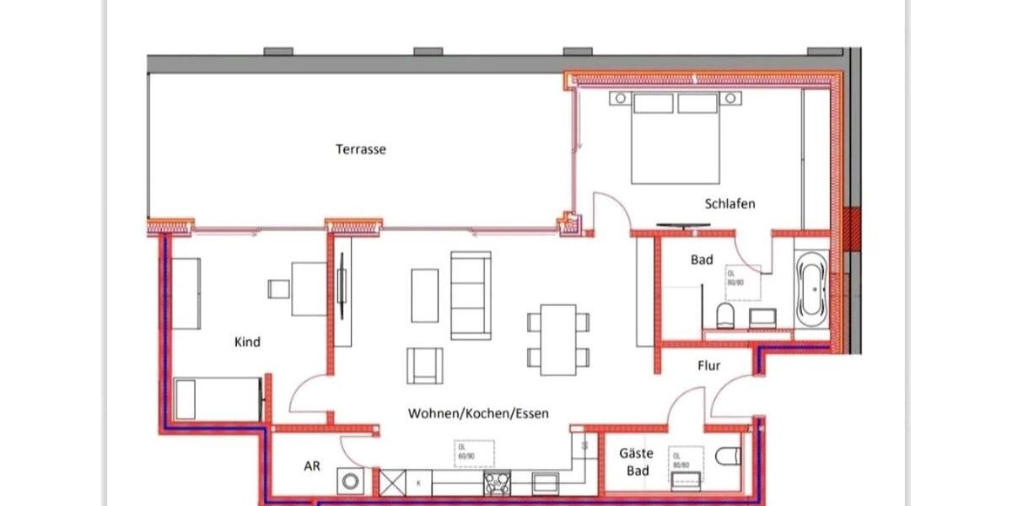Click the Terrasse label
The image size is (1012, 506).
(361, 149)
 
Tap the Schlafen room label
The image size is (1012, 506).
(729, 204)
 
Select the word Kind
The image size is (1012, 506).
(247, 342)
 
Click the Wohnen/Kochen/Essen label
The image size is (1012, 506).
(478, 413)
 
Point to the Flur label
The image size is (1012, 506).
(708, 366)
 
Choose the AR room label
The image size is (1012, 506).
(312, 466)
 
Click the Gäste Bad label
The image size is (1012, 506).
(637, 461)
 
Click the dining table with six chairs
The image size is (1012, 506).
(558, 339)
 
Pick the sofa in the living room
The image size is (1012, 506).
(471, 294)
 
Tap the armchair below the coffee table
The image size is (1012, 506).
(424, 365)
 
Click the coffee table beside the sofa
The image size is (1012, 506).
(424, 295)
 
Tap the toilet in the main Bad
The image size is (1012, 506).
(725, 316)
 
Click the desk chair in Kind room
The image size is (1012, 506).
(279, 288)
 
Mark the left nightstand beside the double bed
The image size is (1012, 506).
(620, 99)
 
